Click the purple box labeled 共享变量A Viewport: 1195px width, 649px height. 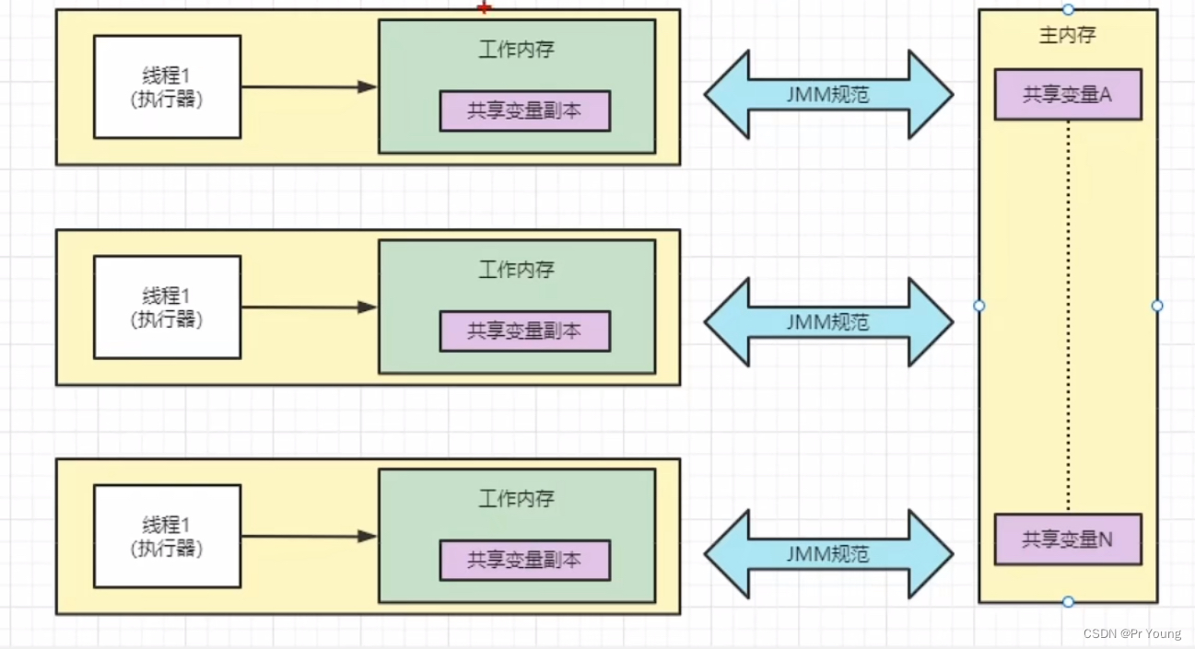[1067, 95]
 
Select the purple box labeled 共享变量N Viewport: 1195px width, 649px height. [1067, 539]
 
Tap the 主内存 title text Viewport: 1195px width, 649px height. [1067, 36]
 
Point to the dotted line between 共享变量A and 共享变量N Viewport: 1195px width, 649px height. [1068, 313]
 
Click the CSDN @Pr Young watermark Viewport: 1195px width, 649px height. [1131, 634]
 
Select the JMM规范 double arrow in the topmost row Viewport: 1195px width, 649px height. [828, 95]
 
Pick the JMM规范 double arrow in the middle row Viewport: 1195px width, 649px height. [828, 322]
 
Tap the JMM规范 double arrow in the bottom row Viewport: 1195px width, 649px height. [828, 553]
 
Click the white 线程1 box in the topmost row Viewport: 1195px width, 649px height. [167, 87]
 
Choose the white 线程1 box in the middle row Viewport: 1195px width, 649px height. [167, 307]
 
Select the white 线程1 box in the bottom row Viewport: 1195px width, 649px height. [167, 536]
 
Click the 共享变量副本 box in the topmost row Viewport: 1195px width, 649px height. [524, 111]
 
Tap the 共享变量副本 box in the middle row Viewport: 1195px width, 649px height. [524, 331]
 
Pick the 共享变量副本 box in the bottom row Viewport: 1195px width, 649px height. [524, 560]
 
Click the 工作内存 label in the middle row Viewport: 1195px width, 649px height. [516, 270]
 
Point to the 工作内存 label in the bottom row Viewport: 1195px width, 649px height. [516, 499]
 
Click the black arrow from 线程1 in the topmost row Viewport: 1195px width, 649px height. [309, 87]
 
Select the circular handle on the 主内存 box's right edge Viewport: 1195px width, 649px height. [1157, 306]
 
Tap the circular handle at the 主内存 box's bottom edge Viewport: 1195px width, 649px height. [1068, 602]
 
